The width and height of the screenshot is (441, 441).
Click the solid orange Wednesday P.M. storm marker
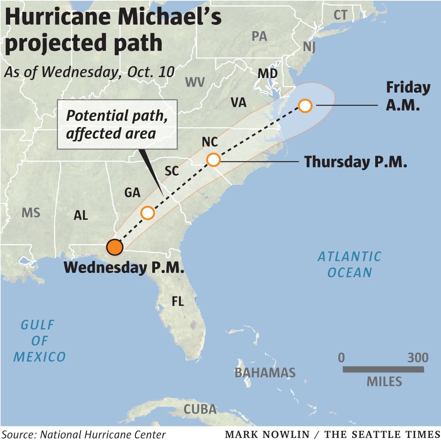tap(115, 247)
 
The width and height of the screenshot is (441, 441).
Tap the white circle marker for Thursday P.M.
tap(213, 160)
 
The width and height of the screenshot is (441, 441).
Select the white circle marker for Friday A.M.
tap(305, 105)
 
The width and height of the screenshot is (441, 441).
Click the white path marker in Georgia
tap(147, 212)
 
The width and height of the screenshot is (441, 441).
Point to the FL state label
tap(178, 301)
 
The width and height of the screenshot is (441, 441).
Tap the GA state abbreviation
tap(132, 192)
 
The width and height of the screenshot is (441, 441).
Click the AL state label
tap(80, 215)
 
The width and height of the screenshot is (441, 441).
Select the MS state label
tap(31, 213)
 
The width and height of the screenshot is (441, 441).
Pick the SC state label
tap(171, 171)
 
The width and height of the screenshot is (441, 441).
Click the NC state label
tap(210, 142)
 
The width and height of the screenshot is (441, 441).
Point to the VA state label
tap(238, 103)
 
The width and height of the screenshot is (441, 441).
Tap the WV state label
tap(195, 82)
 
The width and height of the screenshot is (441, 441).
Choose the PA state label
tap(259, 36)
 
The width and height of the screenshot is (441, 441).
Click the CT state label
tap(340, 15)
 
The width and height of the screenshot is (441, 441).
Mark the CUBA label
tap(200, 409)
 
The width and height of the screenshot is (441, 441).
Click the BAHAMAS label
tap(265, 373)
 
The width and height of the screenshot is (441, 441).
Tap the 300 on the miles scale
tap(418, 358)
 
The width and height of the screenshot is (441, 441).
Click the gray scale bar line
tap(383, 369)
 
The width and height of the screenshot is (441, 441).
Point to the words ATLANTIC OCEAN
tap(349, 265)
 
